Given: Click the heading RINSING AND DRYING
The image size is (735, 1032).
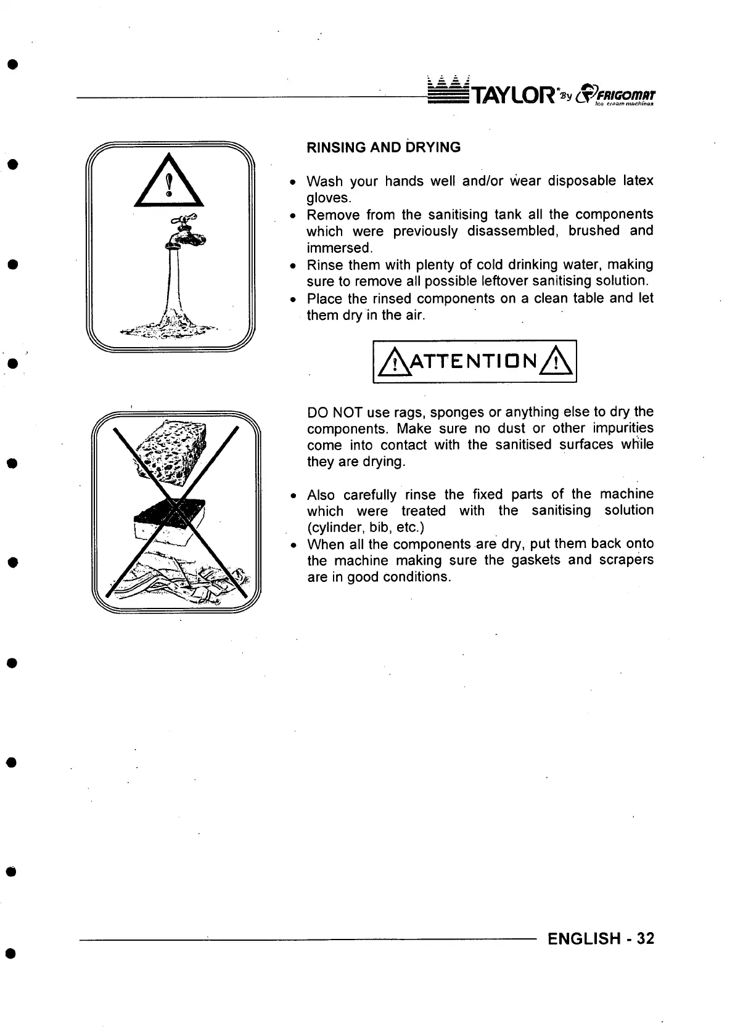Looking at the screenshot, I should tap(384, 147).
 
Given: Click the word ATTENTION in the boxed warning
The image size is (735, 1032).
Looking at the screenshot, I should tap(475, 362).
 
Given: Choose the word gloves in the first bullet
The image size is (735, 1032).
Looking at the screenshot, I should tap(327, 198).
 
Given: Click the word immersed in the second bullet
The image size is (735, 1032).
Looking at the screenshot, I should tap(339, 248).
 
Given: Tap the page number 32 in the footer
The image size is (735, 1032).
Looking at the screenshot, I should tap(645, 939).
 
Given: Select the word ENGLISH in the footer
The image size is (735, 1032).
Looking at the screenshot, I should tap(584, 939).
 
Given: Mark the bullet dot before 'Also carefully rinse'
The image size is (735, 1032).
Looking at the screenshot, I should tap(295, 496).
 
